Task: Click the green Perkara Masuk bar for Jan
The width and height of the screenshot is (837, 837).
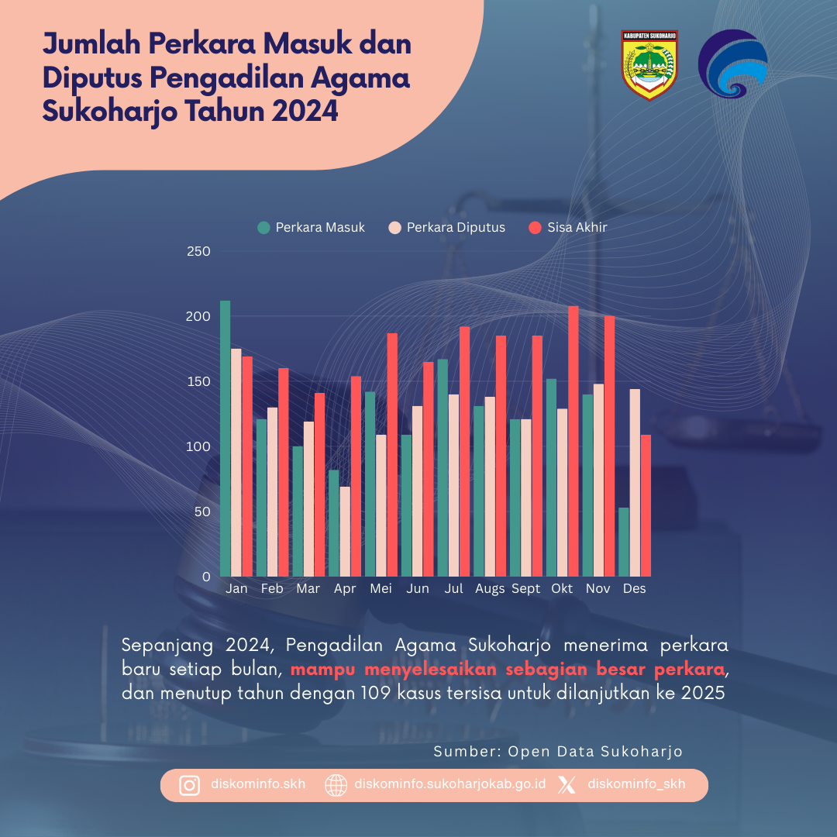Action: [225, 439]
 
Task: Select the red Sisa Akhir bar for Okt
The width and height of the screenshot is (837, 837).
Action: [573, 441]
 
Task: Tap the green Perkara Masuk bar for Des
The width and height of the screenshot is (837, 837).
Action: [624, 542]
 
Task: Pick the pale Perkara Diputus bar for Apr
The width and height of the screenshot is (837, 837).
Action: [345, 532]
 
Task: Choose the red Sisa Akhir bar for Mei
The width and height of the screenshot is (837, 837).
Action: [392, 455]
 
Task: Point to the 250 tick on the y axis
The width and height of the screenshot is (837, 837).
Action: [199, 251]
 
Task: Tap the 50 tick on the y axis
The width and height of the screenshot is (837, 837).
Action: [202, 511]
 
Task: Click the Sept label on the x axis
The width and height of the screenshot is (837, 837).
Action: [526, 589]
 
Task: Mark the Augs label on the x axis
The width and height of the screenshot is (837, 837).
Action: [490, 589]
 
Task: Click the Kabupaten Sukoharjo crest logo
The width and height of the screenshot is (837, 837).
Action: [649, 65]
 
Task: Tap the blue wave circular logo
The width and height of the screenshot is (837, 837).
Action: [733, 64]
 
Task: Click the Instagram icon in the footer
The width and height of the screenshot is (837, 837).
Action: [189, 785]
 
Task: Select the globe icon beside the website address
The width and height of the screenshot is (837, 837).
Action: [336, 785]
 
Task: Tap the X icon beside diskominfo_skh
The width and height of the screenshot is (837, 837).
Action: [567, 785]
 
